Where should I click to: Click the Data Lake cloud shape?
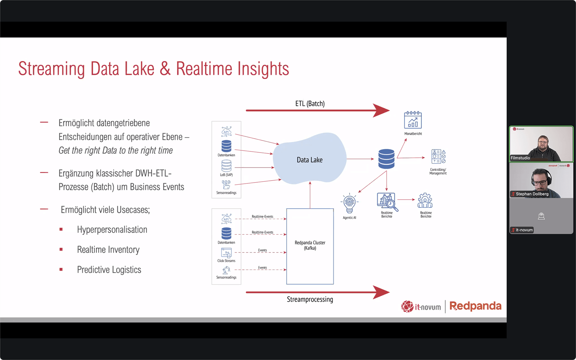(x=310, y=159)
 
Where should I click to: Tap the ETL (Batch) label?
(x=310, y=104)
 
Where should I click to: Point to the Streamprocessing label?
(x=310, y=299)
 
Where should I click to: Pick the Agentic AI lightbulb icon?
(x=349, y=203)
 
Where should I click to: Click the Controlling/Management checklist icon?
(x=438, y=157)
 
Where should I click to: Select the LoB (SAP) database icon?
(x=226, y=166)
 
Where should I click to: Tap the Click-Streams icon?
(x=226, y=253)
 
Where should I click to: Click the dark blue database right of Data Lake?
(x=386, y=159)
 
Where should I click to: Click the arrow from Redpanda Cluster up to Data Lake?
(x=310, y=195)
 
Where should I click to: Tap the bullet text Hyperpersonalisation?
(x=112, y=230)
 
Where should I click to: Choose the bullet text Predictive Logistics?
(x=109, y=270)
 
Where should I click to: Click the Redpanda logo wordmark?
(x=475, y=306)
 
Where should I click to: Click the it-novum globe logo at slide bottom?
(x=407, y=306)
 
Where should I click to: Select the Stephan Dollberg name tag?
(x=532, y=194)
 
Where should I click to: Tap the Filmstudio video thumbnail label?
(x=520, y=158)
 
